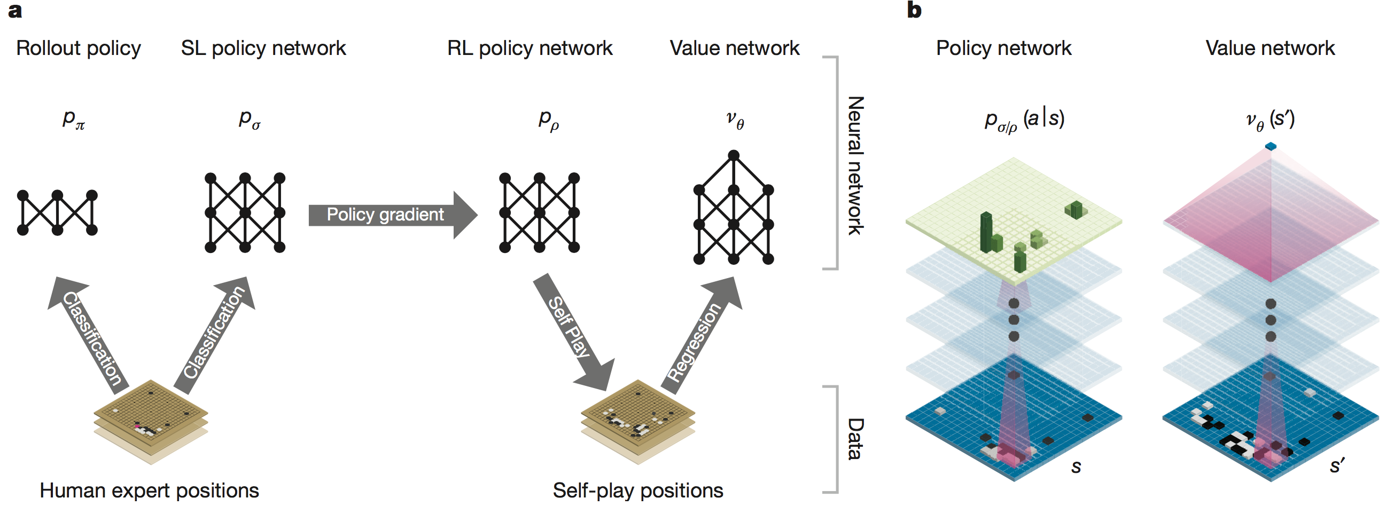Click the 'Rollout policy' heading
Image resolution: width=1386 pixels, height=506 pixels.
point(79,49)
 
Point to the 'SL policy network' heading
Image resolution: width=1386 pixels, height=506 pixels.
point(263,49)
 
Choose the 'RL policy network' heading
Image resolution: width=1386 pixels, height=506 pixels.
point(530,49)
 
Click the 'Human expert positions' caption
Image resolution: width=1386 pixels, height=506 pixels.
point(149,491)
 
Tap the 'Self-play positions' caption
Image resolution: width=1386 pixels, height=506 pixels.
point(637,491)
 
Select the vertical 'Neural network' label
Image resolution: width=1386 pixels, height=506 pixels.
point(855,165)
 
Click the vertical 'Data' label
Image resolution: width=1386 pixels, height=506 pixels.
point(855,439)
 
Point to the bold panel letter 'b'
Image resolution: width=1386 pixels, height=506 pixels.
point(914,10)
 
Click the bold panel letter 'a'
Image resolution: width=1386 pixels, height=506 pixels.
point(15,10)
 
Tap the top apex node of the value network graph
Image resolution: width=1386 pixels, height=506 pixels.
point(734,155)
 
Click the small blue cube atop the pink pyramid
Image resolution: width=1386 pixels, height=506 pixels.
point(1271,146)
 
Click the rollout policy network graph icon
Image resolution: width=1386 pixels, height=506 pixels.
point(57,213)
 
